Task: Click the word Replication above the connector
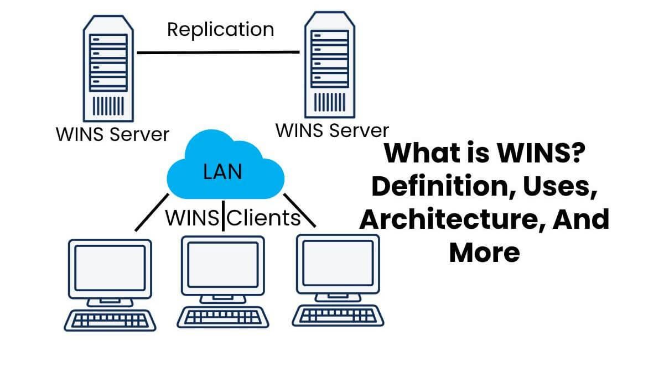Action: point(220,29)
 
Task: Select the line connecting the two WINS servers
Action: point(218,52)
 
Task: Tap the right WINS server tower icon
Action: point(330,63)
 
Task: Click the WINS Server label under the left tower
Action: point(112,134)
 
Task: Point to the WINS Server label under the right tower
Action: point(332,131)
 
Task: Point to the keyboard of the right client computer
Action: point(338,315)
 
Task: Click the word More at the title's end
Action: point(484,251)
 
